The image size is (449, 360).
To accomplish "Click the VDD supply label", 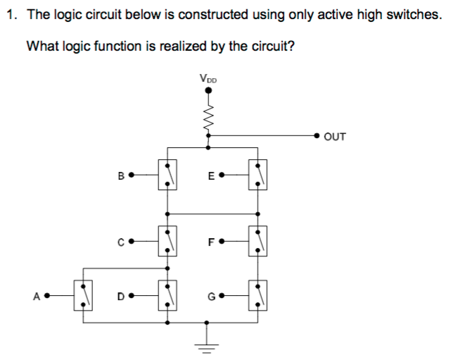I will (x=208, y=79).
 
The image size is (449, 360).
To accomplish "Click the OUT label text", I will (x=335, y=137).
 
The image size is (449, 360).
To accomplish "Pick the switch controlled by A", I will (x=84, y=294).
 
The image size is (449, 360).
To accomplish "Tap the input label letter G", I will (x=211, y=295).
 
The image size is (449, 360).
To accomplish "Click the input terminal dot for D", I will (x=131, y=295).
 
